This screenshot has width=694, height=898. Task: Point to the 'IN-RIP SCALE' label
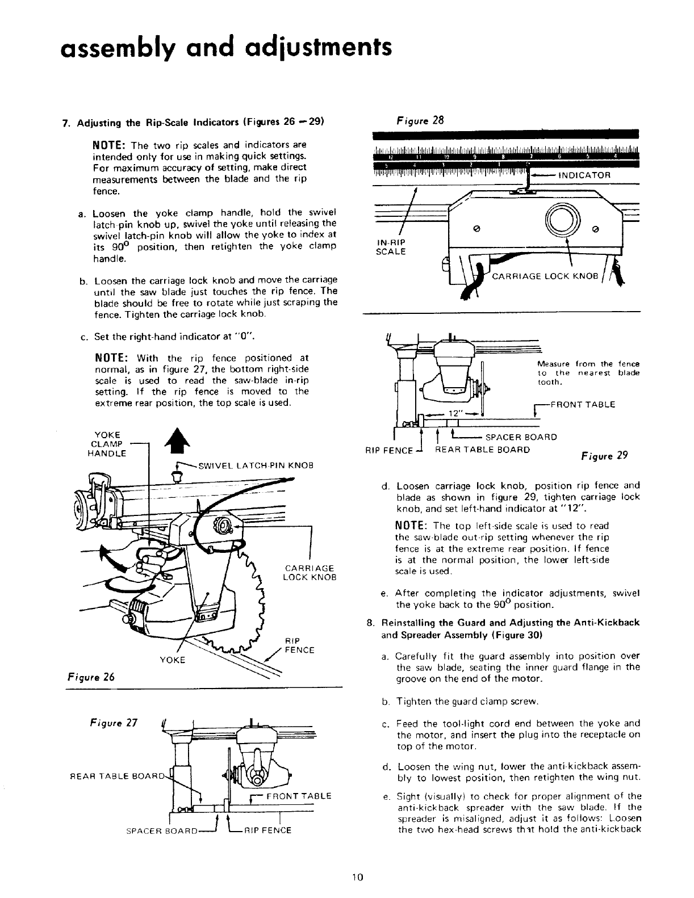point(391,247)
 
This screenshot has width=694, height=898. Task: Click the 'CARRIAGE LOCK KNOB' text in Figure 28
point(545,276)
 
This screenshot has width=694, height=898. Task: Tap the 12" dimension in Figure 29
point(454,414)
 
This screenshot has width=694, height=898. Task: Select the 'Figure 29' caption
point(604,456)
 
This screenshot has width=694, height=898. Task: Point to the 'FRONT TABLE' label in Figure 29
point(588,405)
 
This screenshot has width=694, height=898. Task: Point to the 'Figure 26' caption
point(85,676)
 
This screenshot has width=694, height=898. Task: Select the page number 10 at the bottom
point(357,876)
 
